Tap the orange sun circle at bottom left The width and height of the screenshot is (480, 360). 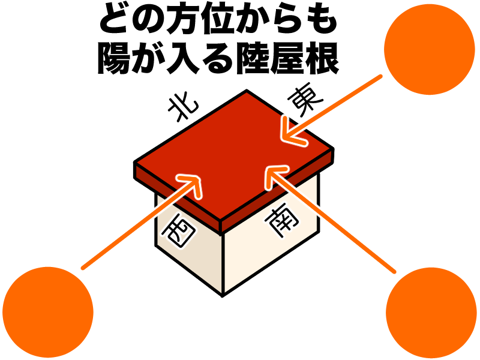tap(48, 312)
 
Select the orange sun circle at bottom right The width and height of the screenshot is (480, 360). tap(431, 313)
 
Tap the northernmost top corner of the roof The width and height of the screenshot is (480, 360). tap(246, 91)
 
